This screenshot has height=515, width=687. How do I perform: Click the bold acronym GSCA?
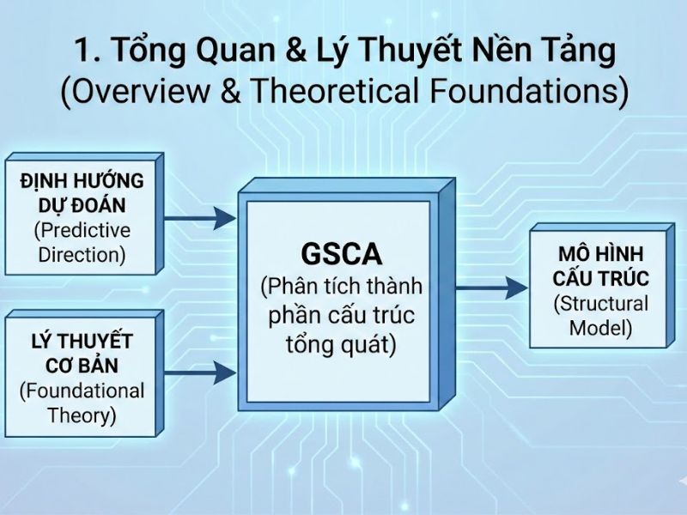click(x=342, y=254)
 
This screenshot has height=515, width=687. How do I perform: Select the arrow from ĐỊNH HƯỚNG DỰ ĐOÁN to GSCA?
click(x=199, y=218)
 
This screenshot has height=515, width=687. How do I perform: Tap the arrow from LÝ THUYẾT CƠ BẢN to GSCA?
click(x=199, y=373)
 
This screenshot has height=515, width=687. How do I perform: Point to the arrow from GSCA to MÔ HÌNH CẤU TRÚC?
click(x=491, y=288)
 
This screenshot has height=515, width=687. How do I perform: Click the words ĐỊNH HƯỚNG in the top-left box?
click(x=82, y=182)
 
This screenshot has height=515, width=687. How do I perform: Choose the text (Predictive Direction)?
click(x=82, y=242)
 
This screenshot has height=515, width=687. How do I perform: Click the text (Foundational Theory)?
click(x=82, y=403)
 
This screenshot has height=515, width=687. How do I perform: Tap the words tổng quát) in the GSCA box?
click(x=341, y=345)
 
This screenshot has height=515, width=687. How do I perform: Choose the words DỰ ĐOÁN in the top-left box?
click(x=82, y=206)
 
